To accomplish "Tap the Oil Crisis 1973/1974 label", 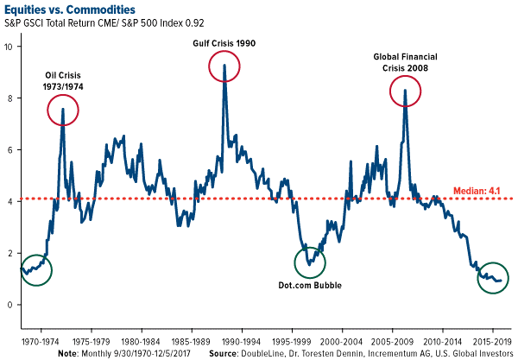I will tap(64, 79).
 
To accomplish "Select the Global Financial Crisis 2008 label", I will tap(401, 62).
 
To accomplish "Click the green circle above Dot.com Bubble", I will tap(311, 262).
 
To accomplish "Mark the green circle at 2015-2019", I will tap(494, 278).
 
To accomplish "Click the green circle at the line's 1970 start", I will tap(35, 270).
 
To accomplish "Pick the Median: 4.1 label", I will tap(483, 189).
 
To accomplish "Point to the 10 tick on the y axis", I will tap(10, 47).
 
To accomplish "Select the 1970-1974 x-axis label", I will tap(41, 340).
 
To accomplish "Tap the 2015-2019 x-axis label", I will tap(493, 340).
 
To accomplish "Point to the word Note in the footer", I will tap(67, 353).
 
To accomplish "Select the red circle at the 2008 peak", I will tap(406, 91).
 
